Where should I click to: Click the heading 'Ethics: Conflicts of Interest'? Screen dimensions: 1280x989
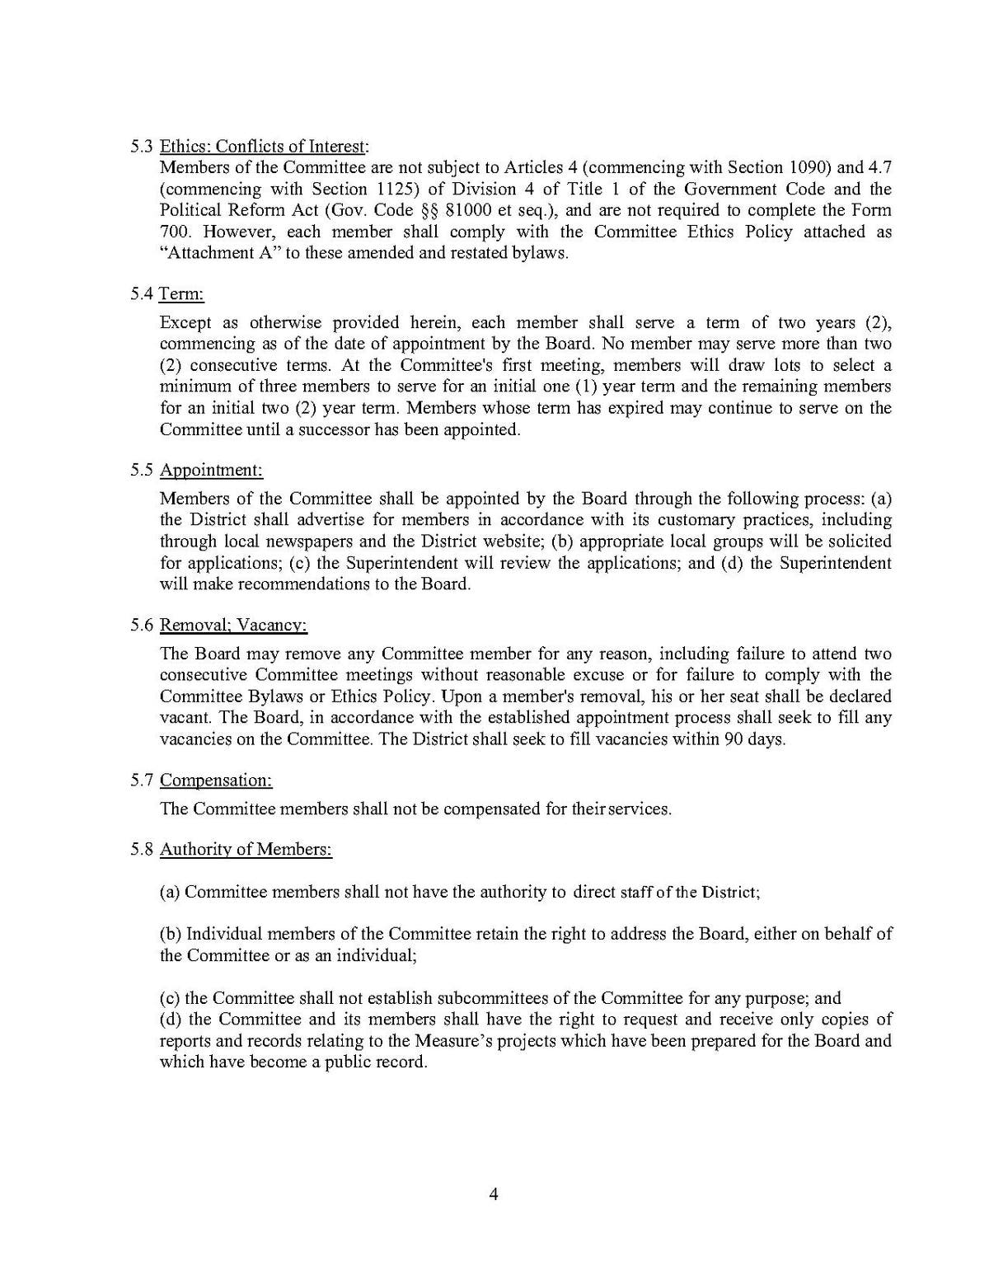pyautogui.click(x=263, y=147)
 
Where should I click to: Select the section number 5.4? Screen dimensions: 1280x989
pyautogui.click(x=142, y=294)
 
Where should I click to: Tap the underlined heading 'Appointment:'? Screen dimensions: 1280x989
pyautogui.click(x=211, y=471)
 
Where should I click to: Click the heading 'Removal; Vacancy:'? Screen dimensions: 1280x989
pyautogui.click(x=233, y=626)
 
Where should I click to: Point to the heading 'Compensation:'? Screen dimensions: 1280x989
pyautogui.click(x=216, y=780)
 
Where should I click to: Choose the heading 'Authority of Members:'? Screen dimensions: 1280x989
pyautogui.click(x=246, y=849)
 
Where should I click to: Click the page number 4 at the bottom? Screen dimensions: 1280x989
pyautogui.click(x=494, y=1194)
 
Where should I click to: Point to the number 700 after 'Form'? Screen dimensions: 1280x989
pyautogui.click(x=173, y=232)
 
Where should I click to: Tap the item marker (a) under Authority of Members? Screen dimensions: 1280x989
pyautogui.click(x=171, y=892)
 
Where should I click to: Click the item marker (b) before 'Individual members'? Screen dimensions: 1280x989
pyautogui.click(x=171, y=935)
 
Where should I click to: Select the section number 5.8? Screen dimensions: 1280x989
pyautogui.click(x=142, y=849)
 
